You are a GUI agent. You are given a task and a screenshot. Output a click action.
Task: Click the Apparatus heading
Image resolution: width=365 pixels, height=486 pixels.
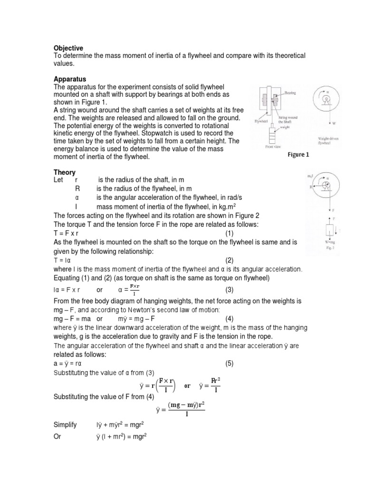point(70,79)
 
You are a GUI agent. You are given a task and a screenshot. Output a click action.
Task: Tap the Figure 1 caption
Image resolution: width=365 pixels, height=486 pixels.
point(298,155)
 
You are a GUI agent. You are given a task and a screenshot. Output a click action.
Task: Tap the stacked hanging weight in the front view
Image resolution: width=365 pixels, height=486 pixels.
point(271,136)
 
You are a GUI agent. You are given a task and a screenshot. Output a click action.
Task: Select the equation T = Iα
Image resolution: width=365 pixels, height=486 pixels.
point(63,261)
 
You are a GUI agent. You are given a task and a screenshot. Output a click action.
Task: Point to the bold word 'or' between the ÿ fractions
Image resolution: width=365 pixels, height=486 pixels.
point(187,386)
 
